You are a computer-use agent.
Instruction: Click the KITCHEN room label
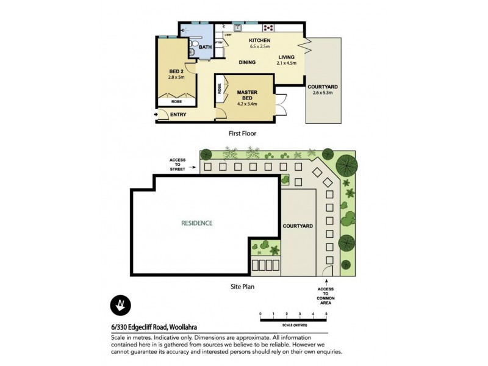(x=259, y=41)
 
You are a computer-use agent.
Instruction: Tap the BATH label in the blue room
(x=206, y=47)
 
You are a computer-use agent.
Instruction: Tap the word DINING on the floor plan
(x=247, y=62)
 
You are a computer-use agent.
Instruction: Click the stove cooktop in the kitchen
(x=268, y=27)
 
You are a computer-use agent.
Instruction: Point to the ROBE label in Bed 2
(x=176, y=102)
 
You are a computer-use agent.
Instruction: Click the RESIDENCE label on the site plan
(x=196, y=223)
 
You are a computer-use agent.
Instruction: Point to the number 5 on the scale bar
(x=326, y=314)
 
